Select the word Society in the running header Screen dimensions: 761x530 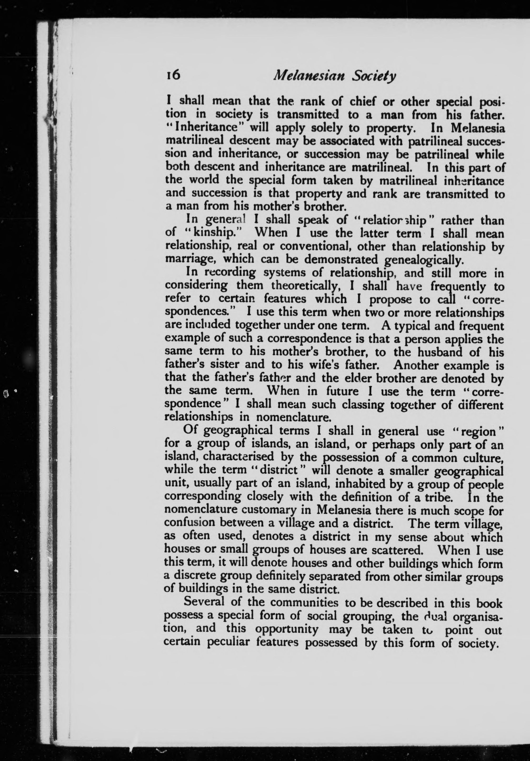pos(374,77)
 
